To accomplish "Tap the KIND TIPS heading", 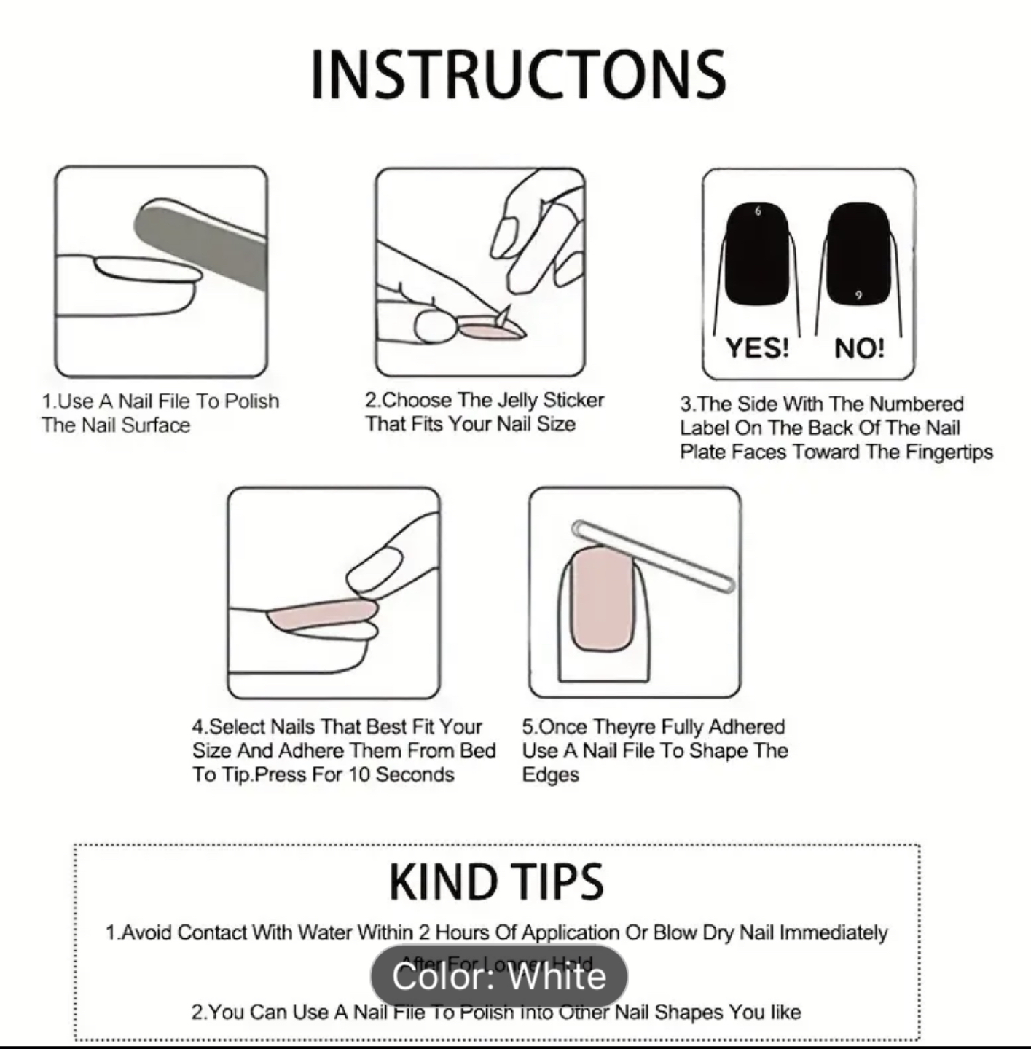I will tap(496, 882).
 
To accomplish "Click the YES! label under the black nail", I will tap(757, 347).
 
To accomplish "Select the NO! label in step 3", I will tap(859, 347).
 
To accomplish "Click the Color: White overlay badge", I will tap(498, 976).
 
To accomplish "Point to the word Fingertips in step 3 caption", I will tap(949, 452).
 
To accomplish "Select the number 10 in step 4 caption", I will tap(359, 774).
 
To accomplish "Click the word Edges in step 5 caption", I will tap(550, 774).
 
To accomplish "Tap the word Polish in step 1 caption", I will tap(251, 401).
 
